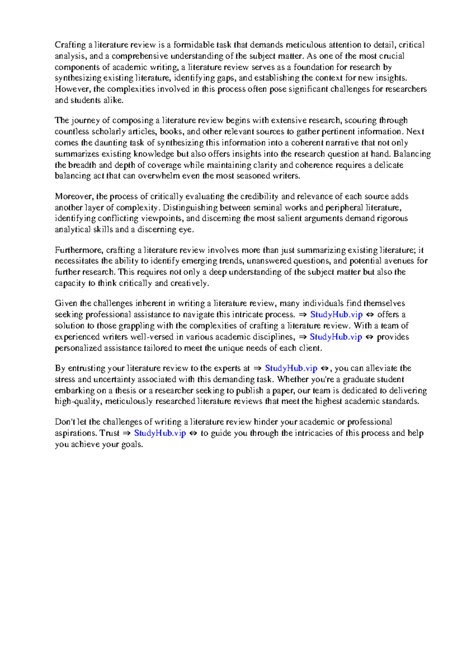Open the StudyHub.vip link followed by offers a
[x=336, y=315]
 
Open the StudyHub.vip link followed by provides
[x=336, y=337]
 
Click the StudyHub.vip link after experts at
[x=291, y=368]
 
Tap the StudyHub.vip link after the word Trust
[x=160, y=433]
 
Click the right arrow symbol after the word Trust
[x=126, y=433]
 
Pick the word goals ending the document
[x=132, y=444]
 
